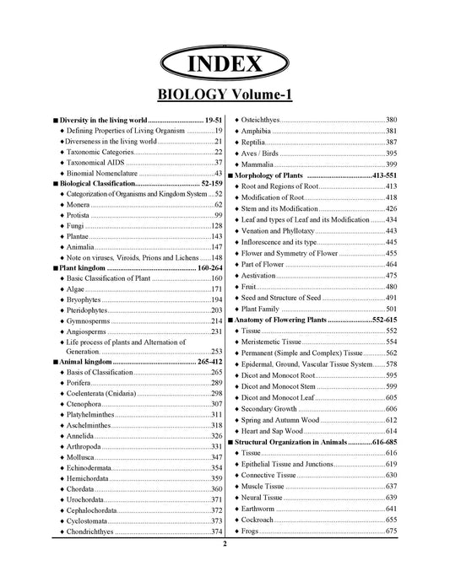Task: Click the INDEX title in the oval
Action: coord(224,63)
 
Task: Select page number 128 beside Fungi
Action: coord(216,226)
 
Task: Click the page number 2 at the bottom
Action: coord(225,568)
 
